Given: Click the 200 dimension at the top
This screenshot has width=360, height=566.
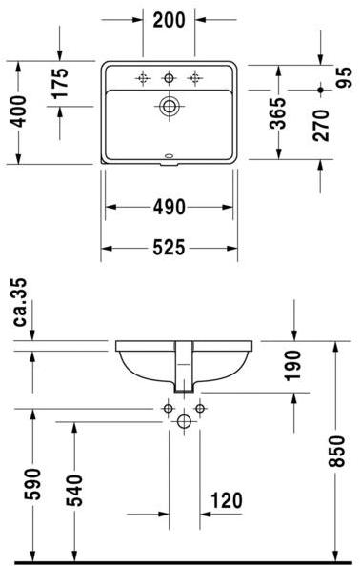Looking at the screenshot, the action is (x=169, y=20).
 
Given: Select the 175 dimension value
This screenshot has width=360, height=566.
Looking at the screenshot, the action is (x=59, y=84).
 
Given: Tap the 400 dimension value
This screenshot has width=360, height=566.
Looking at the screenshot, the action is (x=18, y=111).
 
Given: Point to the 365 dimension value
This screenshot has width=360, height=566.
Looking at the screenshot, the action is (x=278, y=113).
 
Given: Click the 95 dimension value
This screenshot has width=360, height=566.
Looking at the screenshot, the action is (x=344, y=77).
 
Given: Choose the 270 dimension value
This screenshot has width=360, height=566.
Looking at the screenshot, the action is (x=321, y=126).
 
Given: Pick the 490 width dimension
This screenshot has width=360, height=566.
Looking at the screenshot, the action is (x=170, y=207).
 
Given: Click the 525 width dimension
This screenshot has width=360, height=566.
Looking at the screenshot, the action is (x=170, y=248).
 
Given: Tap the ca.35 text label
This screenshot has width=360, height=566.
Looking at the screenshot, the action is (x=20, y=302).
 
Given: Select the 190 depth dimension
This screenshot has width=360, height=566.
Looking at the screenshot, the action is (x=292, y=365).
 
